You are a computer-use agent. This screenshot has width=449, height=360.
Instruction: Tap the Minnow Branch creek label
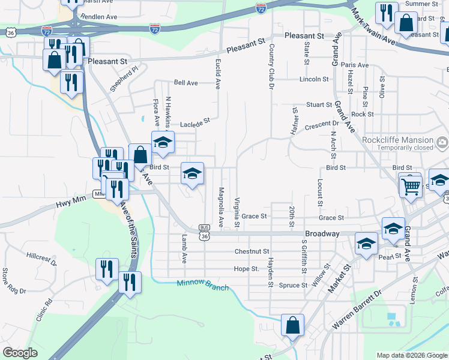coord(203,286)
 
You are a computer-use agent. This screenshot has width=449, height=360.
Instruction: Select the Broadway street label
coord(322,233)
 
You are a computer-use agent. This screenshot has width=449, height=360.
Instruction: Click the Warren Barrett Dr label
coord(357,310)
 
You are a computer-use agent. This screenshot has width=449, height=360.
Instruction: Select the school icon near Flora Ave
coord(162,143)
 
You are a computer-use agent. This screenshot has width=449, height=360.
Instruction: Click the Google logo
coord(20,353)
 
